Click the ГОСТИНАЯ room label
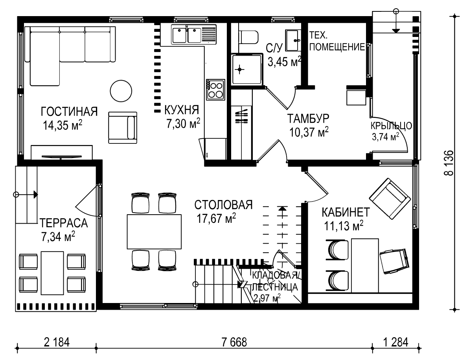coord(69,112)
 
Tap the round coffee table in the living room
coord(121,91)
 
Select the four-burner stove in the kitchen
coord(215,90)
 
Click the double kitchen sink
coord(193,34)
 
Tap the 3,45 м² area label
coord(284,62)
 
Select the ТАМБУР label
coord(308,119)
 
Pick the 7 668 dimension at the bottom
coord(234,342)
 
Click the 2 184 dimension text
coord(57,342)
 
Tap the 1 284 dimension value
coord(396,342)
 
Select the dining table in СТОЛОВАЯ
coord(154,231)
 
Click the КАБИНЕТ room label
coord(346,212)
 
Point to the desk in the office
coord(365,265)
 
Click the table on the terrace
coord(52,273)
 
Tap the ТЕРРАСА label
coord(63,223)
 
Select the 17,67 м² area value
coord(216,218)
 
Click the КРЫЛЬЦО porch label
coord(391,126)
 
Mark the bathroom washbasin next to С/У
coord(292,40)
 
